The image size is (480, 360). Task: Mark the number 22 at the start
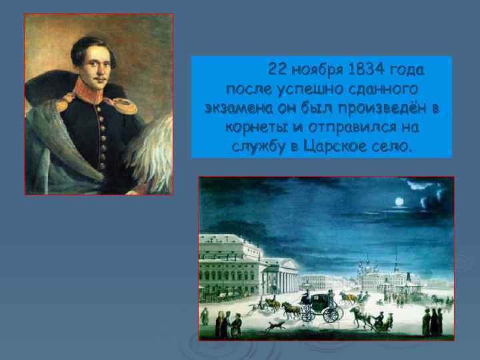pyautogui.click(x=276, y=70)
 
